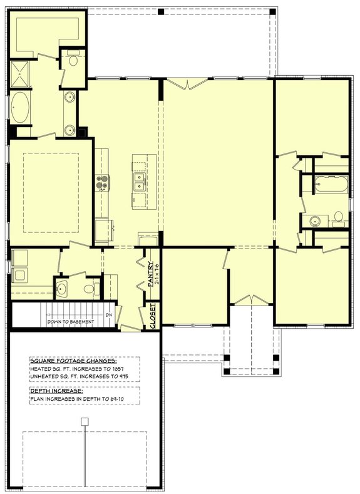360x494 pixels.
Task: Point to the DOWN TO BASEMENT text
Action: (x=71, y=322)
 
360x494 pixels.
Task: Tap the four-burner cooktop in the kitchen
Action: (x=102, y=183)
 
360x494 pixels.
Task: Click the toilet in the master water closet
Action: (x=73, y=61)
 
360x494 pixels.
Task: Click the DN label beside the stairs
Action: (x=108, y=314)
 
